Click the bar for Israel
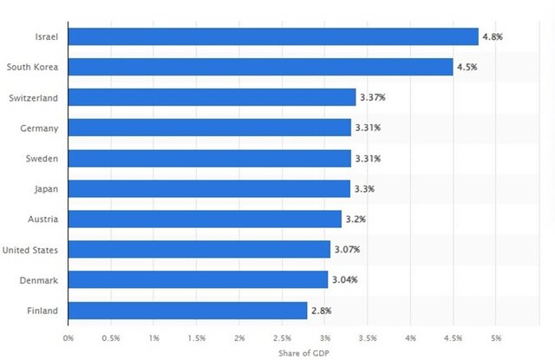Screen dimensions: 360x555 (x=272, y=36)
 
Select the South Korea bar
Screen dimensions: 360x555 (x=259, y=67)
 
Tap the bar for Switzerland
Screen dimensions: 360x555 (x=211, y=97)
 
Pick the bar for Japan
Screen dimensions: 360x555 (x=208, y=188)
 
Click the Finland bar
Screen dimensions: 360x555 (x=186, y=310)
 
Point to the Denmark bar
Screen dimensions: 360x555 (x=197, y=279)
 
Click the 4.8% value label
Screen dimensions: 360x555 (x=493, y=36)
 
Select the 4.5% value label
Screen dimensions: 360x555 (x=467, y=67)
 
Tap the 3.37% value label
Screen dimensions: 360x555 (x=372, y=97)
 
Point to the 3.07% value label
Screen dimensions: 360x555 (x=347, y=250)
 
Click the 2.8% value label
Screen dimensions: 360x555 (x=322, y=311)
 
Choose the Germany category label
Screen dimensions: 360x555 (x=39, y=128)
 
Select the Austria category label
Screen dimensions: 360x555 (x=42, y=219)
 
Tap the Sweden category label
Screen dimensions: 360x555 (x=42, y=159)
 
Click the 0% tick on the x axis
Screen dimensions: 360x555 (x=69, y=336)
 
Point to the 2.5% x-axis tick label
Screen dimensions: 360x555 (x=282, y=336)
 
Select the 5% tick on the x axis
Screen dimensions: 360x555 (x=496, y=336)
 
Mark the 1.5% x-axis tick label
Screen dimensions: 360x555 (x=196, y=336)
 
